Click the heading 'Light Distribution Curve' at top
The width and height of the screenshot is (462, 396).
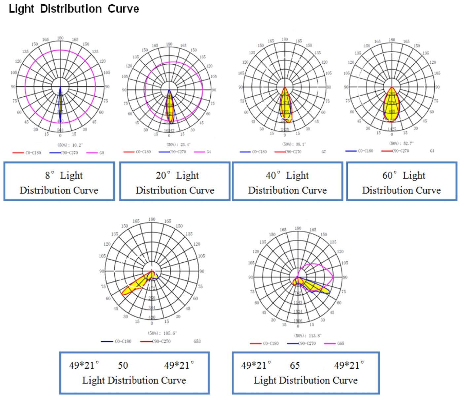click(74, 9)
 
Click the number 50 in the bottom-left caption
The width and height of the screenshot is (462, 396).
click(123, 366)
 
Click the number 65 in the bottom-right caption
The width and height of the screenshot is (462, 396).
click(295, 366)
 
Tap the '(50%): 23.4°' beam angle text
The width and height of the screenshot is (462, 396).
click(179, 144)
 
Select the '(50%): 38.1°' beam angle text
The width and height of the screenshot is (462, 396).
click(294, 144)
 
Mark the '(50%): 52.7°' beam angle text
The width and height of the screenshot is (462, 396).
click(402, 143)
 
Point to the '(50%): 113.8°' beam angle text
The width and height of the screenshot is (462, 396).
click(308, 335)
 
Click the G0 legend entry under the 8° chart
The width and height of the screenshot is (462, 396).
click(101, 153)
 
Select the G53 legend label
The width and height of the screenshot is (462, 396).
click(197, 341)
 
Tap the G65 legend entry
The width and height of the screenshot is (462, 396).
click(340, 344)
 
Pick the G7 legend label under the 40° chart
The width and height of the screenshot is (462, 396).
click(324, 152)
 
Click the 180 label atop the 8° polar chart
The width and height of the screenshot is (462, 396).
click(60, 38)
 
